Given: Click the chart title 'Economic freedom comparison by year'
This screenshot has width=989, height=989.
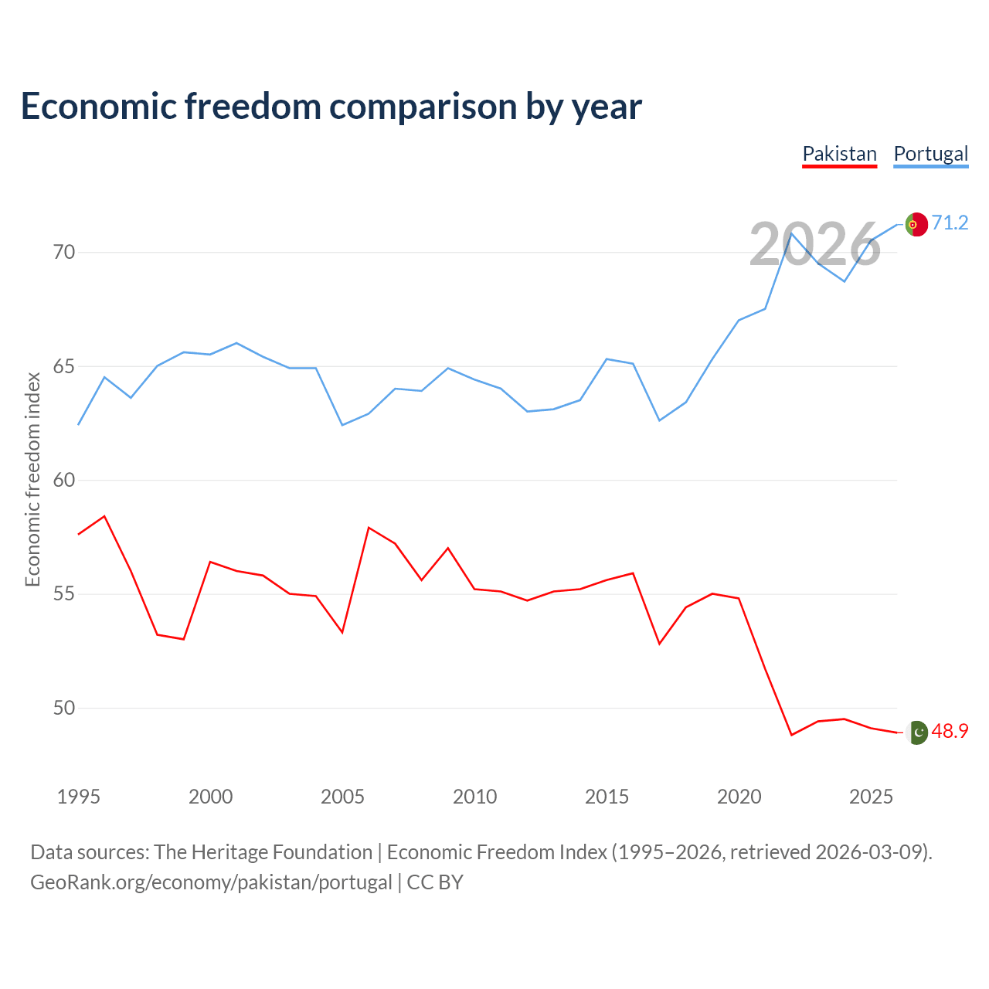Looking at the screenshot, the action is [331, 107].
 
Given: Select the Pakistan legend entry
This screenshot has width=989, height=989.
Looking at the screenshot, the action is [839, 155].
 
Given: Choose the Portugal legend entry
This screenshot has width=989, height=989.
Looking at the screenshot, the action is [930, 155].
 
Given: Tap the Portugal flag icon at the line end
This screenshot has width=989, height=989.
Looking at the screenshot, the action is [916, 224].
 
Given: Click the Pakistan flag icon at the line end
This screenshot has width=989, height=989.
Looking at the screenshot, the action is [916, 732].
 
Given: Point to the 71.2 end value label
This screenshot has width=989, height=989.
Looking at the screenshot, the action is [950, 223].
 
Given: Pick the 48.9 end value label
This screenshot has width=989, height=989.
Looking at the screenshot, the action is [950, 731].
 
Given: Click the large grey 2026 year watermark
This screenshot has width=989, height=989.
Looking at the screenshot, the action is [814, 244].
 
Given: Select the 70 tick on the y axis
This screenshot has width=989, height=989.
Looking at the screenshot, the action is [64, 252].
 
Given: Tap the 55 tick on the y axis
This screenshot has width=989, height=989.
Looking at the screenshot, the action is [64, 594].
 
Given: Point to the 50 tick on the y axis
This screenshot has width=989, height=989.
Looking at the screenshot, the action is [64, 708].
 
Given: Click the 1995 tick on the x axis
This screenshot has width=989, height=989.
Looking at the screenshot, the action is [79, 797].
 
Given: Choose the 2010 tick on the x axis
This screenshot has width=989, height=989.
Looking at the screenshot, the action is [474, 797].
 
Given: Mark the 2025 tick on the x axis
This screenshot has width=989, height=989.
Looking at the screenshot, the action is [871, 797].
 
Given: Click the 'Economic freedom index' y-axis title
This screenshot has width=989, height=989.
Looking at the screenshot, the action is [32, 479].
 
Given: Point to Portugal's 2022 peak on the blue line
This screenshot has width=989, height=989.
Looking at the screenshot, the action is [791, 233].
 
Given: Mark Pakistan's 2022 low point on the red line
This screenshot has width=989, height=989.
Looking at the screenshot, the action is [791, 735].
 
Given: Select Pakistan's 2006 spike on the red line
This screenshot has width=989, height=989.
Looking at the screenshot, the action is [369, 528].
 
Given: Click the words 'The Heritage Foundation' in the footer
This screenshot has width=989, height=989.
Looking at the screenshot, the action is [263, 852].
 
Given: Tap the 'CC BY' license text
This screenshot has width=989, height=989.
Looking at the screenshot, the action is [435, 882].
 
